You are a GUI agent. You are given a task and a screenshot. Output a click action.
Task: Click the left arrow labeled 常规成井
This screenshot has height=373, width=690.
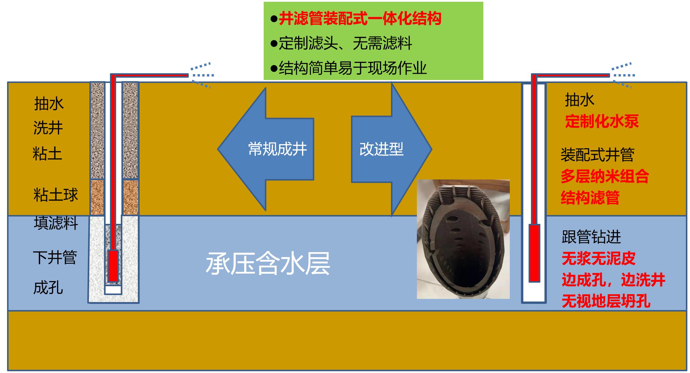tap(266, 149)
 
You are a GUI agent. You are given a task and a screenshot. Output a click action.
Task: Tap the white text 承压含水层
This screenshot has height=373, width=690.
tap(268, 263)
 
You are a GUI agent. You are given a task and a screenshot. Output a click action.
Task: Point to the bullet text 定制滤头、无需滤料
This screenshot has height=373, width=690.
tap(345, 44)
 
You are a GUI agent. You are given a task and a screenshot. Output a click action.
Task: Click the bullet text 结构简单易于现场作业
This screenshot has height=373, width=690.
tap(353, 68)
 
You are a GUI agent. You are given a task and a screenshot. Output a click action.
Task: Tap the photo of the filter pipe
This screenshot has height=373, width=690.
tap(463, 239)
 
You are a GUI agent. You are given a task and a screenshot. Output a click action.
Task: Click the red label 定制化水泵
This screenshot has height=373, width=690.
tap(602, 121)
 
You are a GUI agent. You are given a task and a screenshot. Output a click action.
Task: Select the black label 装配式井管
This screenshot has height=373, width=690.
tap(597, 155)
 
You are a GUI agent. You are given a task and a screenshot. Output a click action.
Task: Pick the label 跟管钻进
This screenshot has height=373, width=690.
tap(591, 237)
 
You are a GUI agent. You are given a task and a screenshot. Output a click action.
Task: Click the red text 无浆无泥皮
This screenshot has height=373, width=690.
tap(599, 259)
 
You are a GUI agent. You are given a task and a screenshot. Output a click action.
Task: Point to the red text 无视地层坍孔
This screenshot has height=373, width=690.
tap(606, 301)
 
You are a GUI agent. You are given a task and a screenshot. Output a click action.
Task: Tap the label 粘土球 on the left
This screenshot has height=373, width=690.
tap(56, 195)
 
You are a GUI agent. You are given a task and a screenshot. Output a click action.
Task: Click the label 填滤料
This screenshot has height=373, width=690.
tap(56, 223)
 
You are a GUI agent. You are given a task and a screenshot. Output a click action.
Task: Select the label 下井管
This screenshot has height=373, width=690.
tap(55, 258)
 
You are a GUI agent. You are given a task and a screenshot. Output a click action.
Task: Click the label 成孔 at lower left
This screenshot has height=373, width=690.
tap(48, 288)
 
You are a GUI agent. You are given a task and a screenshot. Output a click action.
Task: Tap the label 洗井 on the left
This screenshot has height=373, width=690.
tap(48, 128)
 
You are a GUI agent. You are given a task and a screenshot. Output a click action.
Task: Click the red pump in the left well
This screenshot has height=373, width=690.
tap(113, 266)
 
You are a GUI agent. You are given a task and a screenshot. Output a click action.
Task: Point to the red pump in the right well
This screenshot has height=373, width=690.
tap(534, 253)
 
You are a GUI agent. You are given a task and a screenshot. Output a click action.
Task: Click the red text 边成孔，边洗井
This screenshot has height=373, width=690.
tap(614, 280)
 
